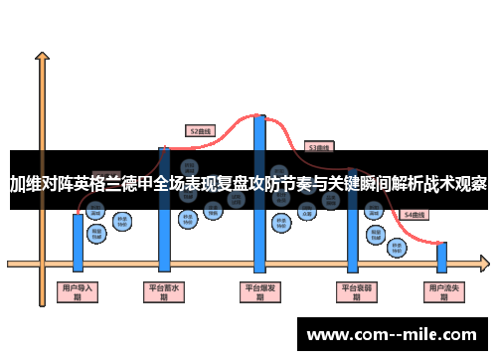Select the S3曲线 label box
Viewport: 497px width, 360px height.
tap(318, 147)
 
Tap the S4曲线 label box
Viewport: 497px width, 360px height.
tap(414, 215)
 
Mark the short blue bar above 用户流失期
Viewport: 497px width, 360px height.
tap(441, 257)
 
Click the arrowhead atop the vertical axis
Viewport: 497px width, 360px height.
tap(42, 58)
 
